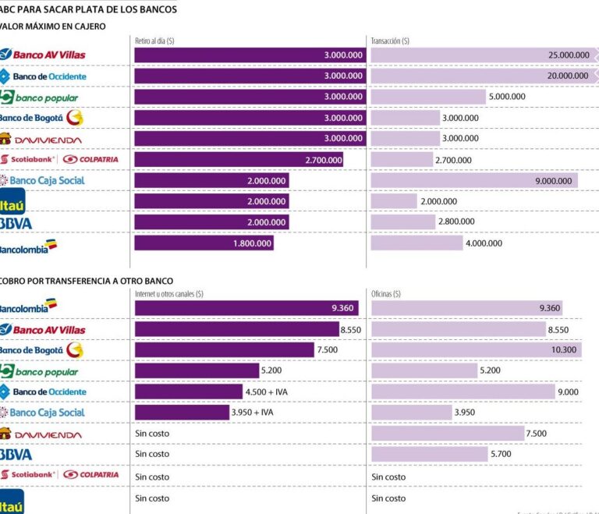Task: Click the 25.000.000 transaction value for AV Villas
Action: click(x=569, y=55)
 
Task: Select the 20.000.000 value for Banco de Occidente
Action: click(x=569, y=76)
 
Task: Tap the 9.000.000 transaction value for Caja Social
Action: click(x=555, y=181)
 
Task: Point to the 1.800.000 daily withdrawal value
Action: click(x=252, y=243)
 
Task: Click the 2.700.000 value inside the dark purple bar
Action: click(x=323, y=160)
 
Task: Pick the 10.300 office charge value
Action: click(x=564, y=350)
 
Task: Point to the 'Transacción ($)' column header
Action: click(x=391, y=41)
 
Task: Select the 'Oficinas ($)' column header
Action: click(x=386, y=294)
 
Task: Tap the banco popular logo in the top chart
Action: click(x=39, y=97)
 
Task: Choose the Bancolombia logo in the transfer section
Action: click(x=30, y=307)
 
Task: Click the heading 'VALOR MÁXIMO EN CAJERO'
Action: click(x=54, y=27)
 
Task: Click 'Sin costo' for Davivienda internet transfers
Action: click(x=152, y=434)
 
